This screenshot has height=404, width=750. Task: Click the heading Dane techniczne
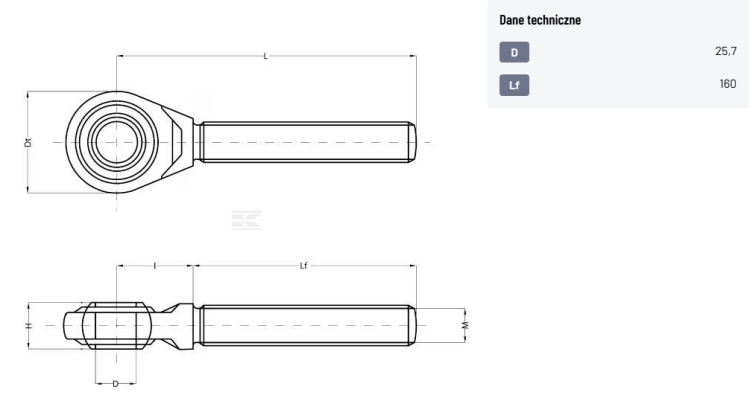click(540, 20)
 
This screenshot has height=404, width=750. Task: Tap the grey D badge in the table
click(514, 52)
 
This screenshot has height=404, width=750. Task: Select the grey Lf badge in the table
click(514, 85)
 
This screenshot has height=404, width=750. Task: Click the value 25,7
click(726, 51)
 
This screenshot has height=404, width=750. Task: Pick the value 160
click(728, 84)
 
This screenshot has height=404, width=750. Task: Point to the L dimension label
click(266, 56)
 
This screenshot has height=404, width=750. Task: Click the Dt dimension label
click(28, 142)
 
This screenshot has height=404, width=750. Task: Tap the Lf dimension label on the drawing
click(304, 266)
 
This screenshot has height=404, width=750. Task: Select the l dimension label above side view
click(154, 266)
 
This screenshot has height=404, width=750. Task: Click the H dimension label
click(29, 326)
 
